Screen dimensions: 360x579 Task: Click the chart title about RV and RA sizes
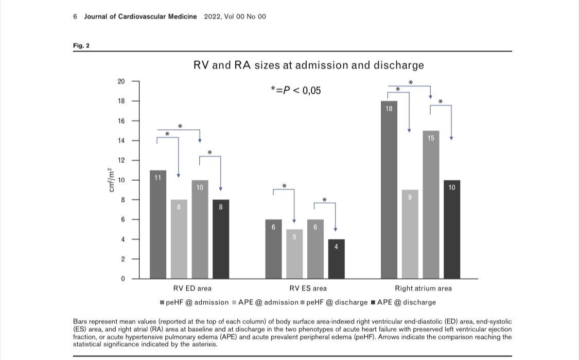point(308,65)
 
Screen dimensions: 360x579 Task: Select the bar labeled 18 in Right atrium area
point(389,191)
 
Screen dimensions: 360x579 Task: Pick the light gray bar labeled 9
point(410,234)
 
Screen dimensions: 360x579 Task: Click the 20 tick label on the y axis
point(121,81)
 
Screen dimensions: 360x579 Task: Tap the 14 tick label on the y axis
point(121,141)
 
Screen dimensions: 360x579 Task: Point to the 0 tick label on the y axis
point(123,279)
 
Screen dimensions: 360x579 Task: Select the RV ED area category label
point(192,288)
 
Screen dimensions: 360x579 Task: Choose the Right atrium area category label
point(423,288)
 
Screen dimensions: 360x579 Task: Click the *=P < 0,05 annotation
point(295,91)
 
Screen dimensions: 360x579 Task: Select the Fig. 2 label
point(81,46)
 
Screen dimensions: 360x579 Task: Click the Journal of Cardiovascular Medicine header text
point(141,16)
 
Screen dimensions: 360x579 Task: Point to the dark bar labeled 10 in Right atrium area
point(451,229)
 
